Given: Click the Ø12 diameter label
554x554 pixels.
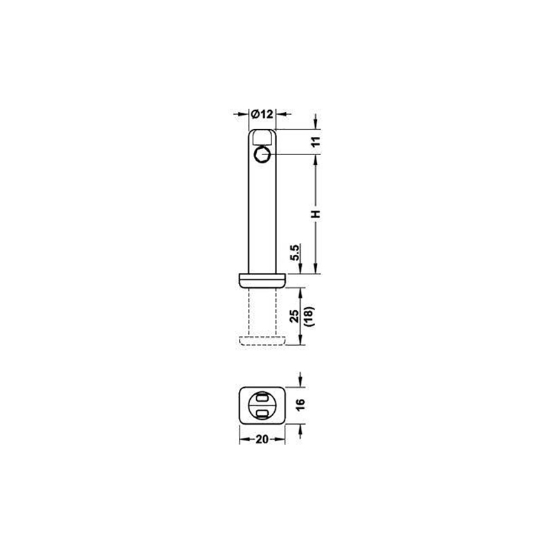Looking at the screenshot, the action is [262, 114].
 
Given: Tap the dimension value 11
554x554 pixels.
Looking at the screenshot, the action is [316, 141].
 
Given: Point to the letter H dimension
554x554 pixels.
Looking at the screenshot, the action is [316, 214].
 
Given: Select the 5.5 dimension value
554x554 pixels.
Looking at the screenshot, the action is [295, 252].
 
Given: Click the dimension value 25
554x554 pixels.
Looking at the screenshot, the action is [294, 316].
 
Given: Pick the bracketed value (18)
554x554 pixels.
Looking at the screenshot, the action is [310, 316].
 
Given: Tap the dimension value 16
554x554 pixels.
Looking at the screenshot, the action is [300, 404].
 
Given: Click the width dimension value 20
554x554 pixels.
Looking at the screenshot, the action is [262, 439].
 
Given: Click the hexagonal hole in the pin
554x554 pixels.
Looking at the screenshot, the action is [262, 154].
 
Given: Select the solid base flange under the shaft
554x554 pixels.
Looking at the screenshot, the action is [262, 280].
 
